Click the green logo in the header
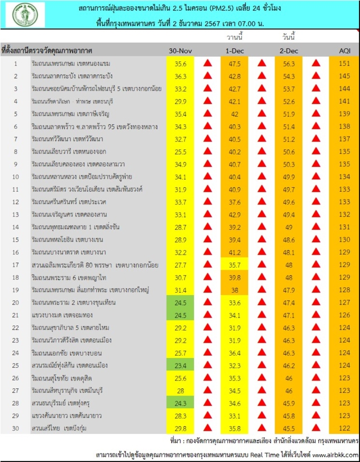(25, 16)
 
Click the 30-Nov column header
(181, 51)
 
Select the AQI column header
(344, 51)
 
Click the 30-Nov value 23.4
(181, 365)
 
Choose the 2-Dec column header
(289, 51)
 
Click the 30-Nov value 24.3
(181, 403)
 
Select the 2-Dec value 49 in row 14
(289, 227)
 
